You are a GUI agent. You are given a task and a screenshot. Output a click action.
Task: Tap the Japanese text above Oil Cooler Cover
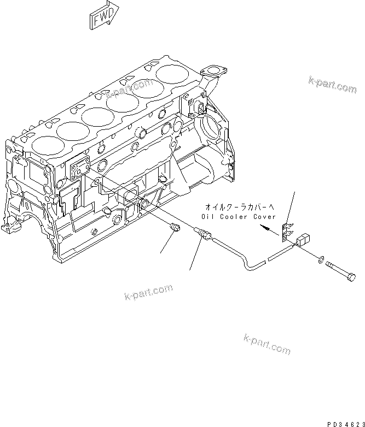pos(238,207)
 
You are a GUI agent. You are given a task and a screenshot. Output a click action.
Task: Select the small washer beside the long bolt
pos(320,258)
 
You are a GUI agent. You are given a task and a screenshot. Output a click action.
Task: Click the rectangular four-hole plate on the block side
pos(80,168)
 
